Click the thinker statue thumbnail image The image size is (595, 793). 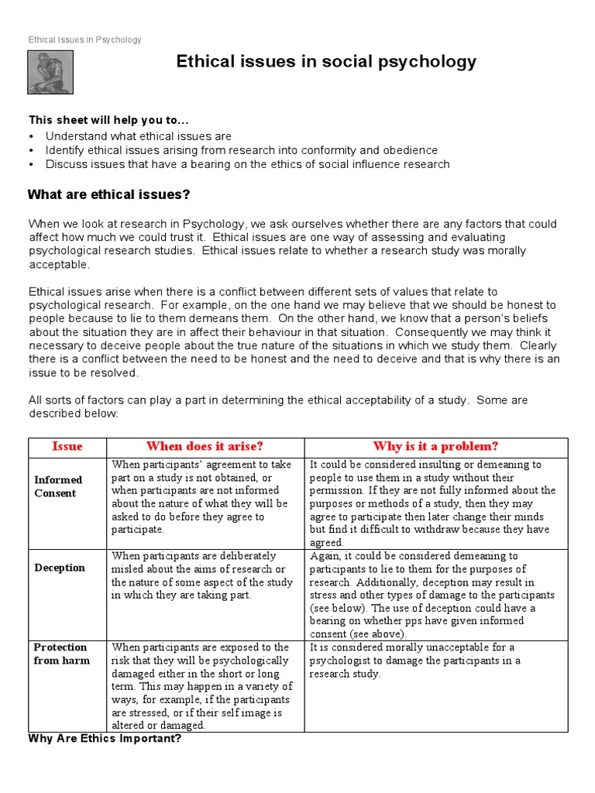(50, 73)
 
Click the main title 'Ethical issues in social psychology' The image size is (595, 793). (326, 62)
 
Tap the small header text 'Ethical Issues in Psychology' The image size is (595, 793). (84, 39)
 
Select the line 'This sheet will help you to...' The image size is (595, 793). (108, 120)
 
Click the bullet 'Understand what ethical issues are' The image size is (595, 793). (139, 136)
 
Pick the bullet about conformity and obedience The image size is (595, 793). (241, 150)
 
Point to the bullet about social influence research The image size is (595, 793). (247, 164)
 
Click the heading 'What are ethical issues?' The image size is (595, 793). (108, 194)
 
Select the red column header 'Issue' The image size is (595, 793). (67, 447)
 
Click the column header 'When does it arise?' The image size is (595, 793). (205, 447)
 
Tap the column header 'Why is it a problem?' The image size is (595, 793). (435, 447)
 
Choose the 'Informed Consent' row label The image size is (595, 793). (57, 486)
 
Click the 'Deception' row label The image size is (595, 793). (60, 568)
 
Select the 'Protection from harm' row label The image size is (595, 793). (61, 654)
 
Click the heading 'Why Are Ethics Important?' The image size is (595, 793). (105, 739)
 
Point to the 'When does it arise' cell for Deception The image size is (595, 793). (204, 575)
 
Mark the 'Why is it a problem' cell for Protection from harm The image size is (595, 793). (414, 661)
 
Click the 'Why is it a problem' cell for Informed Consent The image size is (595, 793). (432, 503)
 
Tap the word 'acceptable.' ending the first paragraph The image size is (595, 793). (60, 265)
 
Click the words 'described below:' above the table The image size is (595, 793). (74, 414)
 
